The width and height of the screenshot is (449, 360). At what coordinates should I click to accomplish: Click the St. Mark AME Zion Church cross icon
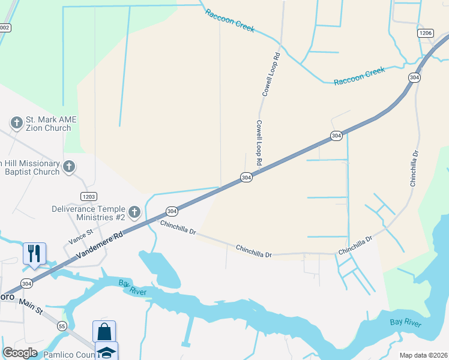coord(16,123)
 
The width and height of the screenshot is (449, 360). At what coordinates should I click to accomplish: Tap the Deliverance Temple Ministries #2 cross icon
coord(134,212)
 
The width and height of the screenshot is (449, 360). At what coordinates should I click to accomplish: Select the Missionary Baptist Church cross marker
coord(69,166)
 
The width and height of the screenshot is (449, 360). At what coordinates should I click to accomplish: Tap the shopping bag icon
coord(104,331)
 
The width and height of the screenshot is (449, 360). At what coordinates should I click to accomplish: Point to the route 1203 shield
coord(88,196)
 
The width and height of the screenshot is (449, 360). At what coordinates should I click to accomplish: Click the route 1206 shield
coord(426,34)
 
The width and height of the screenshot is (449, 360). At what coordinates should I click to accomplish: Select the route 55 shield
coord(62,326)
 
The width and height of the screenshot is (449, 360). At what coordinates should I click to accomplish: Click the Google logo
coord(20,353)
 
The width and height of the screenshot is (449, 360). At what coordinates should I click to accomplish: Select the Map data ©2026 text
coord(423,355)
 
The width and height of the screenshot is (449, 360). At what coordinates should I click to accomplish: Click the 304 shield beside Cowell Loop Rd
coord(246,177)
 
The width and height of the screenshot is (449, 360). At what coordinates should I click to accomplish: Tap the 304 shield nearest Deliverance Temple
coord(172,211)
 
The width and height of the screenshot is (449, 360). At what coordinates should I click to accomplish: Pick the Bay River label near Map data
coord(405,323)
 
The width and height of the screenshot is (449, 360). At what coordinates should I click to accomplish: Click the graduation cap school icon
coord(106,352)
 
